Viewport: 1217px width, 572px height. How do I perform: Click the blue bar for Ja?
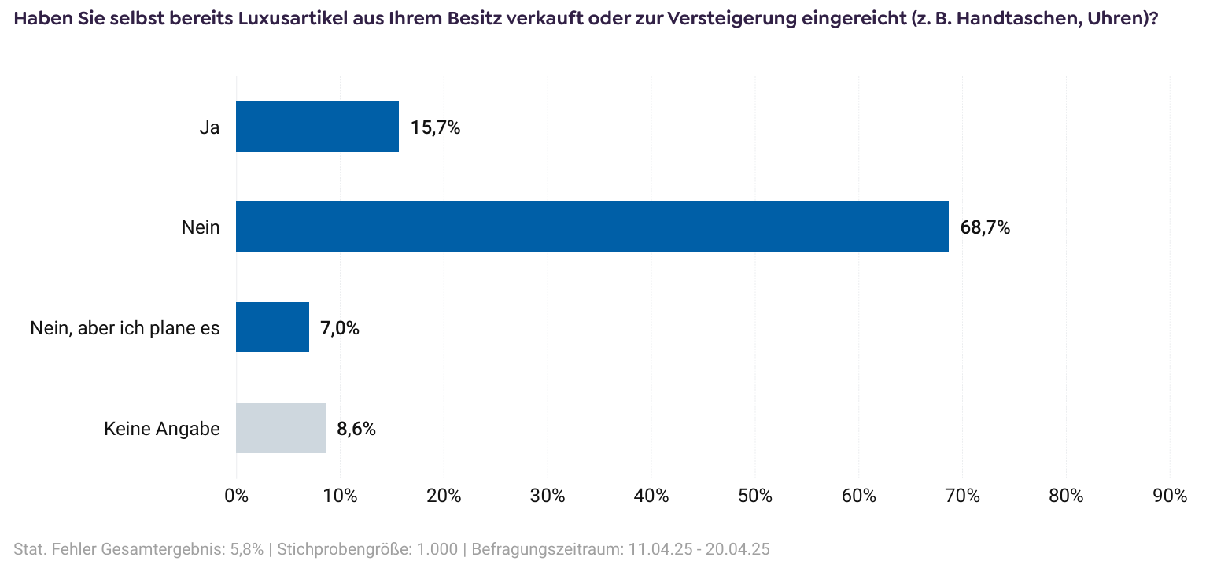point(317,127)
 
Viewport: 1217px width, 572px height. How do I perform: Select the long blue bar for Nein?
point(592,227)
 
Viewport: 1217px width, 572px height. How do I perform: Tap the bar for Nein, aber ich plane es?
point(272,327)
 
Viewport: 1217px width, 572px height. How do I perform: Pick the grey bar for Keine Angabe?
point(280,428)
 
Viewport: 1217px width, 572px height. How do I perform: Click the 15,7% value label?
point(435,127)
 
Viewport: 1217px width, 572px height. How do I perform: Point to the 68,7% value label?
point(985,228)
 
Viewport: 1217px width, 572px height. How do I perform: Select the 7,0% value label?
point(340,328)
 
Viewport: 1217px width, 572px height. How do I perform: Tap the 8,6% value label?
point(356,429)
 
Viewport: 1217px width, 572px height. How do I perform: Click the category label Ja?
point(209,127)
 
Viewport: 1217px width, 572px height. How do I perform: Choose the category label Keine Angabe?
point(162,429)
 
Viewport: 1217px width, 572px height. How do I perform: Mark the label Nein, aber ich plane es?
point(125,328)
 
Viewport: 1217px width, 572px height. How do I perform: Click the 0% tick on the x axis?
point(236,496)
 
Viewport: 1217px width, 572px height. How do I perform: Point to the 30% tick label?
point(548,496)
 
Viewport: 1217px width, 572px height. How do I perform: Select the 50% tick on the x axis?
point(755,496)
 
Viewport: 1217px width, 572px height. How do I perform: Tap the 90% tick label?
point(1170,496)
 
